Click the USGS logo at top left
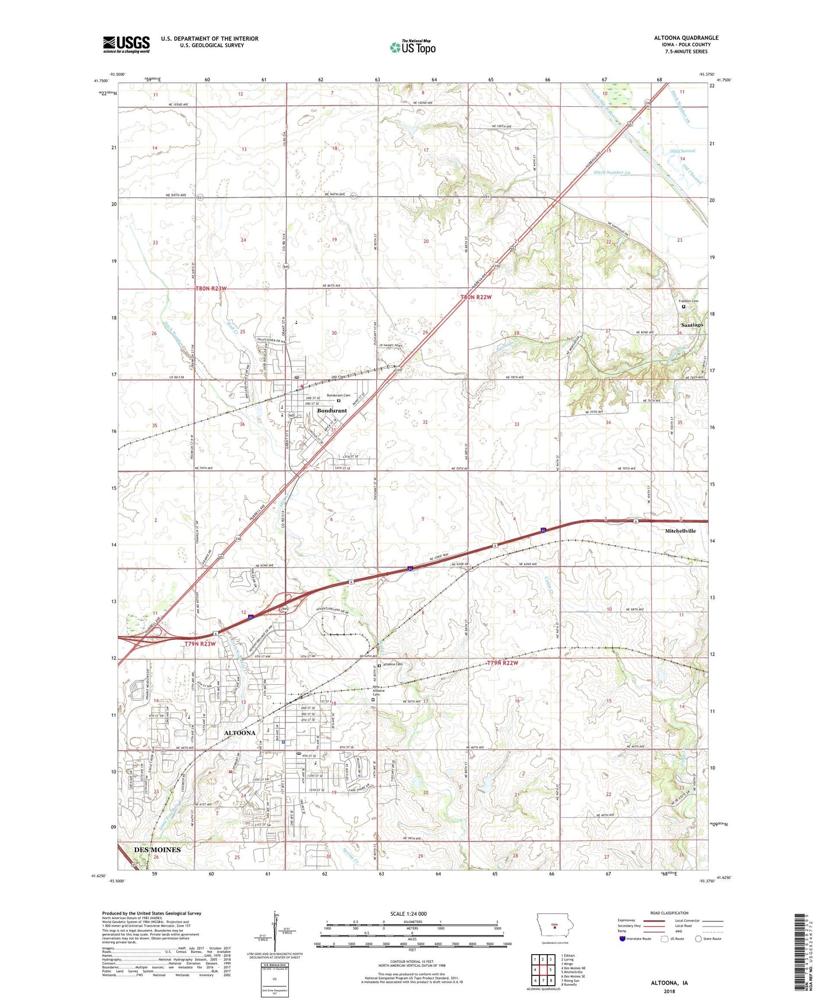coord(126,44)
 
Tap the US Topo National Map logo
coord(412,47)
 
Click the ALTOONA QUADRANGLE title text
coord(686,38)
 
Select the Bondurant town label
coord(332,411)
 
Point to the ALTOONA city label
coord(240,733)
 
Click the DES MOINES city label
coord(157,850)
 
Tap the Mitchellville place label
coord(680,531)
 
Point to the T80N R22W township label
coord(476,297)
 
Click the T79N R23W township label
coord(200,644)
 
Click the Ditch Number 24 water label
coord(612,172)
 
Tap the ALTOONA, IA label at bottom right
coord(669,983)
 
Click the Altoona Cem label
coord(393,665)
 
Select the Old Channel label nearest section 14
coord(682,151)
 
